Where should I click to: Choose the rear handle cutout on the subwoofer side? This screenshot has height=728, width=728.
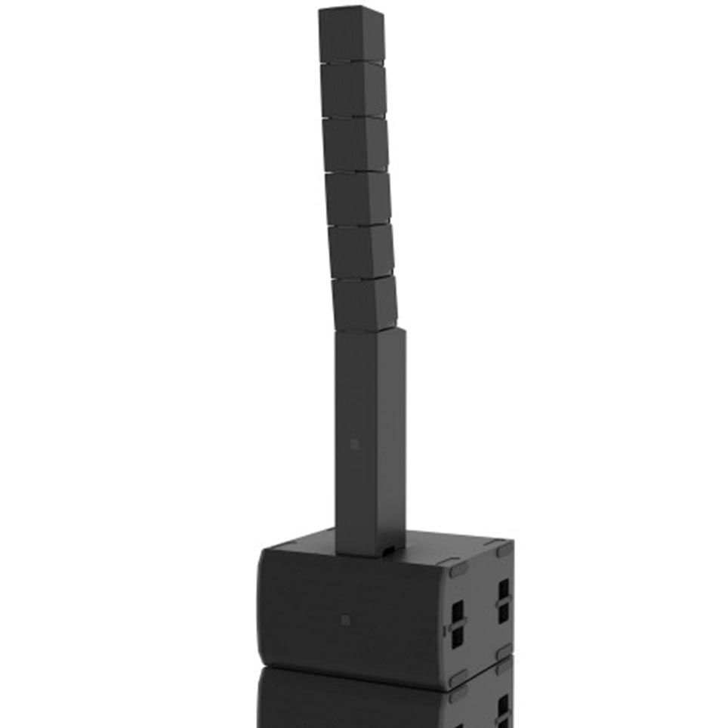coord(503,600)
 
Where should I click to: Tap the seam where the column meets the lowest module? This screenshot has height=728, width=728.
coord(370,331)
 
